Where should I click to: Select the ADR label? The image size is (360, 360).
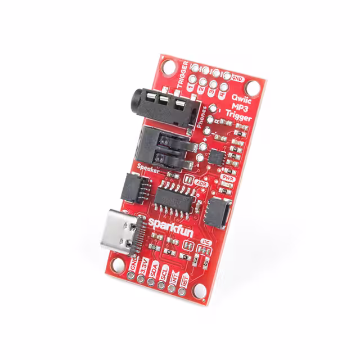(201, 183)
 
